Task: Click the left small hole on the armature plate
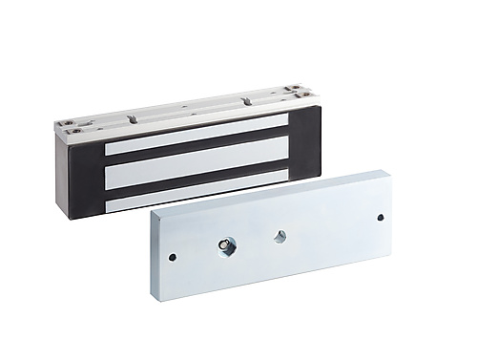point(172,257)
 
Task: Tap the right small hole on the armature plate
point(380,218)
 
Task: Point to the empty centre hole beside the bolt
point(280,236)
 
